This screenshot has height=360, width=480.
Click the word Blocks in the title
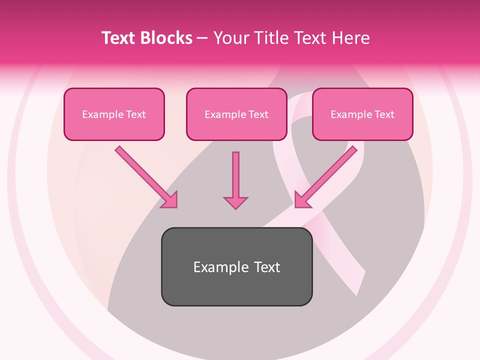coord(165,38)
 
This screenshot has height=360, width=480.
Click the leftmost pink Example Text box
coord(114,114)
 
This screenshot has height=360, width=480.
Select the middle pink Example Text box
coord(236,114)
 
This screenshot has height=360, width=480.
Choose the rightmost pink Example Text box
coord(362,114)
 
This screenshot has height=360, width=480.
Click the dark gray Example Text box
coord(236,267)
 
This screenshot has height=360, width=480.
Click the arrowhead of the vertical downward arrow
coord(235,202)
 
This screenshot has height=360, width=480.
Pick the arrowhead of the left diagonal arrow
coord(170,200)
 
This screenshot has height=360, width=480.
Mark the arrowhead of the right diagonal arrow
coord(302,200)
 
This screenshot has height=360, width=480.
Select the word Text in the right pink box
coord(384,114)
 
